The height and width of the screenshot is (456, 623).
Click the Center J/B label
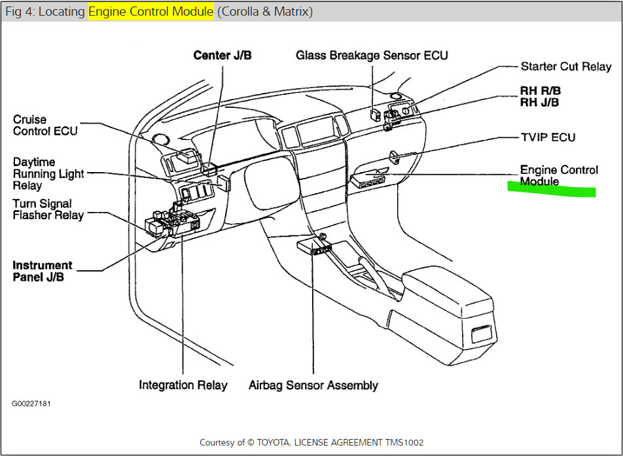[x=222, y=56]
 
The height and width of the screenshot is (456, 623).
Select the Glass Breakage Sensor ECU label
[x=372, y=56]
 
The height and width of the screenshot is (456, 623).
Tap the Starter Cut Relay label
[x=565, y=67]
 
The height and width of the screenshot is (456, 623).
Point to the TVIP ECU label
[x=548, y=137]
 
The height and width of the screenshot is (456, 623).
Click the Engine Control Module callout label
[x=558, y=175]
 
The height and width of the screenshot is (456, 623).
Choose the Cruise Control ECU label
[x=45, y=125]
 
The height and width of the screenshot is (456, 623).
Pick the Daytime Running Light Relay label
[x=48, y=173]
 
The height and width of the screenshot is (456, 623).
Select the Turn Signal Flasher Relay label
[x=48, y=209]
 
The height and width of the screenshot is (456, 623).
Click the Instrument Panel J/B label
[x=43, y=271]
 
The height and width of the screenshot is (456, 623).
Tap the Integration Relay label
[x=183, y=385]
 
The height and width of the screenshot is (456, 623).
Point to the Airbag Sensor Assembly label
[x=313, y=385]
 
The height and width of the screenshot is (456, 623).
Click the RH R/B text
[x=540, y=90]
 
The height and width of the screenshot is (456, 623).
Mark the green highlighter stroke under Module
[x=552, y=190]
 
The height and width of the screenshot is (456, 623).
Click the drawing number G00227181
[x=31, y=404]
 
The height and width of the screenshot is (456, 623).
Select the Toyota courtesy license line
[x=311, y=442]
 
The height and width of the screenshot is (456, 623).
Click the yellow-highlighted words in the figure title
[x=151, y=12]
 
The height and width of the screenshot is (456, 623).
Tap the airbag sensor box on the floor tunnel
[x=313, y=246]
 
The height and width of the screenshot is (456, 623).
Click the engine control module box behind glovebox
[x=368, y=179]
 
